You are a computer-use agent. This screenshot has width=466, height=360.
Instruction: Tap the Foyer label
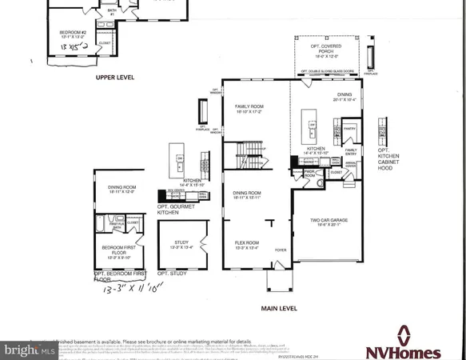[280, 249]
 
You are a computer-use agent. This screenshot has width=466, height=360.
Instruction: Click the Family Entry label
[351, 150]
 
